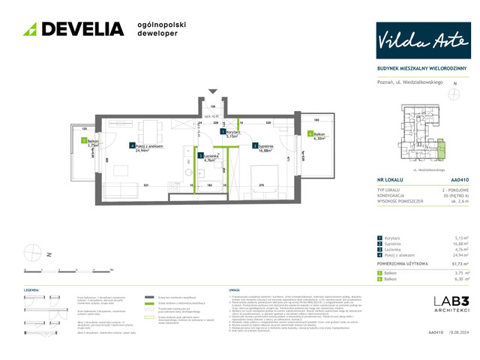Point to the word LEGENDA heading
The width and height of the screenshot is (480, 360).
31,289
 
